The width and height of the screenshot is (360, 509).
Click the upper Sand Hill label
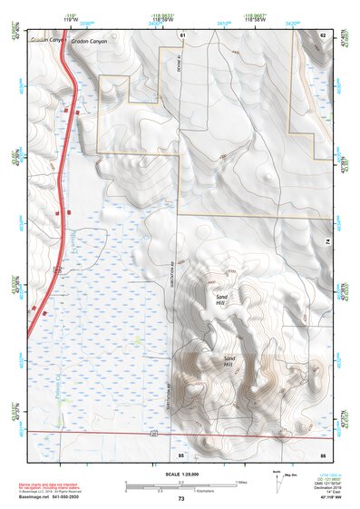(x=222, y=300)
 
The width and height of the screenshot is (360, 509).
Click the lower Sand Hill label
(x=229, y=360)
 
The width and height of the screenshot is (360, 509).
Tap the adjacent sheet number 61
(x=182, y=34)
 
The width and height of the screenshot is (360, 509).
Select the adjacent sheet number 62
(x=323, y=34)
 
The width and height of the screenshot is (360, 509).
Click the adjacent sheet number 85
(x=181, y=453)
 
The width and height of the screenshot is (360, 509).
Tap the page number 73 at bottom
(x=181, y=499)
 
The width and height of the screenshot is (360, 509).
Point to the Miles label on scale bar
(x=241, y=481)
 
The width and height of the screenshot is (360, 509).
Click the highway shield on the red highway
(x=56, y=269)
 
